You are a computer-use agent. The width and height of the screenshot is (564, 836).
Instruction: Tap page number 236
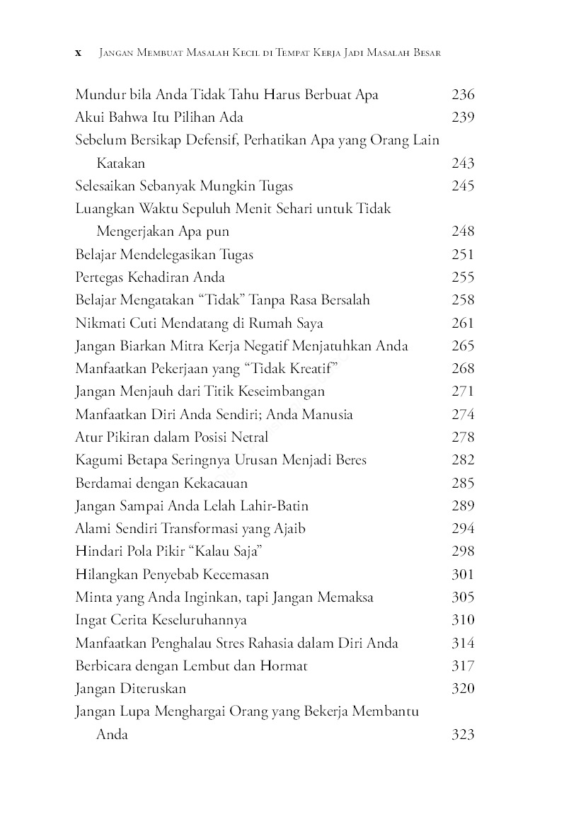tap(462, 95)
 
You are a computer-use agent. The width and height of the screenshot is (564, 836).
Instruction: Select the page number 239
tap(462, 118)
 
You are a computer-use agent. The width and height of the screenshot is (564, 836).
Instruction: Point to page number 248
tap(462, 231)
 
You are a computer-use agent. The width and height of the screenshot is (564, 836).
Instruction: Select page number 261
tap(462, 323)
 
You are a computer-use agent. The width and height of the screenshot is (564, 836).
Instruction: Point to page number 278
tap(462, 437)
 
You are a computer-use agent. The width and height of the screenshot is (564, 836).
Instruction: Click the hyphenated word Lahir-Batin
tap(274, 506)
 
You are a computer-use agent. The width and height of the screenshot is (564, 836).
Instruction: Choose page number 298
tap(462, 551)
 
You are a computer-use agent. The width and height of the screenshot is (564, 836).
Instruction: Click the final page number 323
tap(462, 735)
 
